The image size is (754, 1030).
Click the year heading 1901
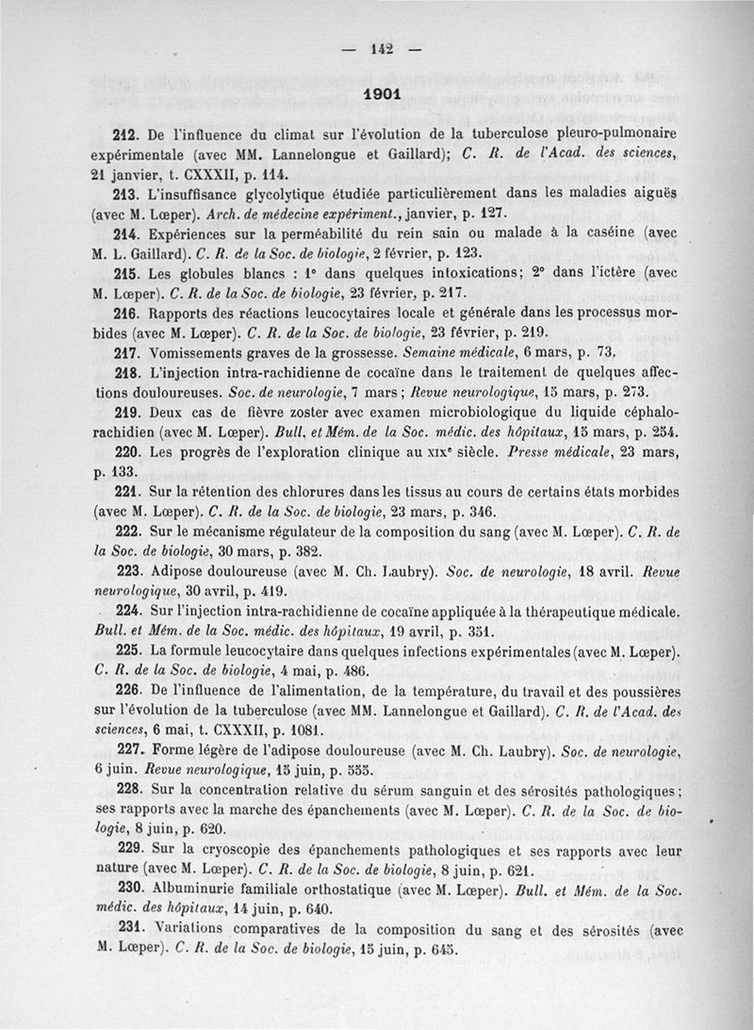tap(382, 94)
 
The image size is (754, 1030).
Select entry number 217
tap(126, 353)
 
